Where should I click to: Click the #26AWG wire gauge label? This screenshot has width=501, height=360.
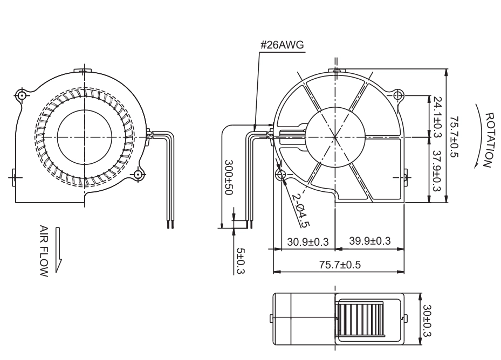click(x=282, y=45)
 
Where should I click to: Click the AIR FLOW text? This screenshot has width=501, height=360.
click(x=44, y=251)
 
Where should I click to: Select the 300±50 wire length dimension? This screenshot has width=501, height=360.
click(x=229, y=177)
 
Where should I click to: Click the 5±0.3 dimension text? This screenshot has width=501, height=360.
click(x=241, y=261)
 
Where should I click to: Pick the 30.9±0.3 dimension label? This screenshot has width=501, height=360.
click(x=307, y=242)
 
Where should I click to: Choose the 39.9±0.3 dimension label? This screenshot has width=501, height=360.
click(x=369, y=240)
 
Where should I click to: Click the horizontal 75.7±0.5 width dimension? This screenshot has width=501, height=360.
click(x=340, y=265)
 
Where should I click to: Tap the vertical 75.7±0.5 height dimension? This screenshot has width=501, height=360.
click(x=454, y=137)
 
